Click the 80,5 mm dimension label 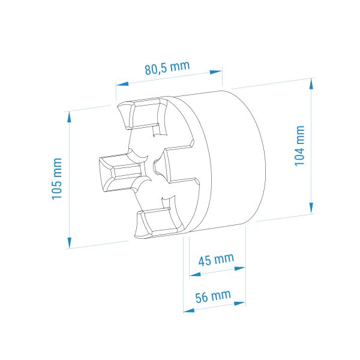point(167,68)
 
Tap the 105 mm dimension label point(57,179)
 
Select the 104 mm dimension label point(299,146)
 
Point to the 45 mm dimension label point(216,260)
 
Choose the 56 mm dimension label point(213,296)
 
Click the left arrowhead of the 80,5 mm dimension point(122,83)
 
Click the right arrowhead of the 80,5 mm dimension point(216,72)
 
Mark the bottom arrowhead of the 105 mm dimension point(70,243)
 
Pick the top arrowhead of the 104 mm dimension point(311,83)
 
